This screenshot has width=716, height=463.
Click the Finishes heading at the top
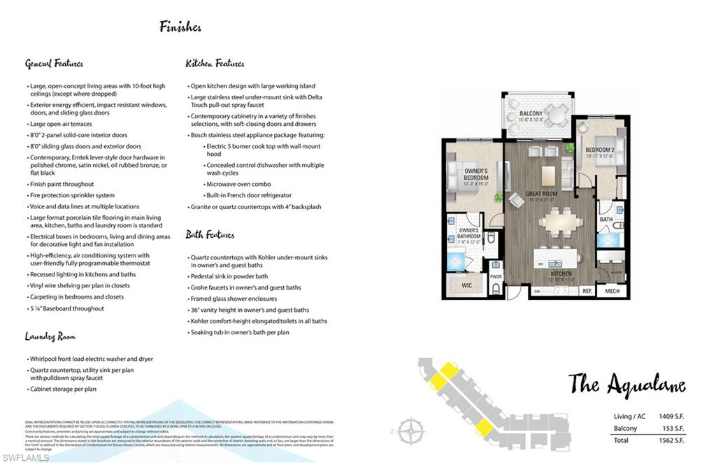[180, 27]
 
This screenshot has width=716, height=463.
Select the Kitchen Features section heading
[215, 64]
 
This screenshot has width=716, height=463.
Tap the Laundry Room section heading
[50, 336]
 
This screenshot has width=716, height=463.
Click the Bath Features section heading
[210, 235]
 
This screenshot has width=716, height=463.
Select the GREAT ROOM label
[541, 195]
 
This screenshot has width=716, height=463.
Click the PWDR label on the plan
[496, 276]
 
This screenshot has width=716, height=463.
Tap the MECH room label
[613, 291]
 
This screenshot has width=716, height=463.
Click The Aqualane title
[626, 384]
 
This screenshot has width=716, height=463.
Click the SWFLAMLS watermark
[26, 457]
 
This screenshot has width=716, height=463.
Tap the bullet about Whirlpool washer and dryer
[91, 359]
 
